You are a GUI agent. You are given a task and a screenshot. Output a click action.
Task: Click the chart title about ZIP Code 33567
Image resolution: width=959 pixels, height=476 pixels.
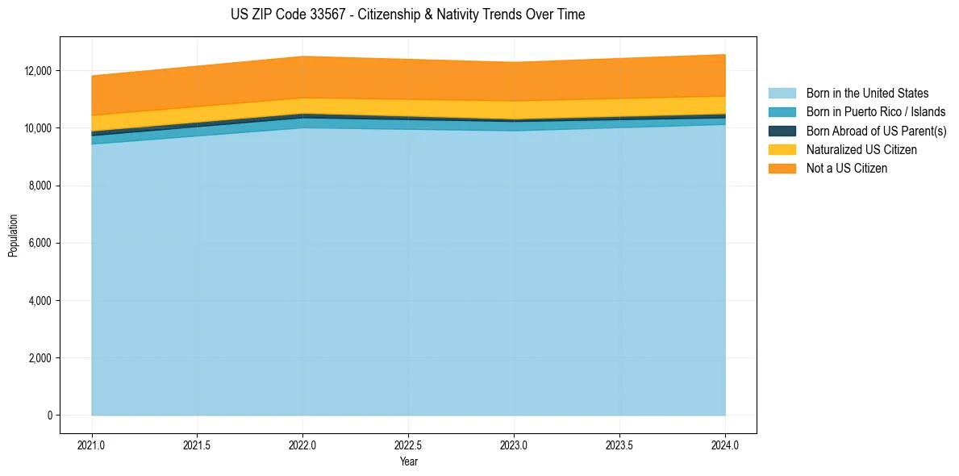point(407,15)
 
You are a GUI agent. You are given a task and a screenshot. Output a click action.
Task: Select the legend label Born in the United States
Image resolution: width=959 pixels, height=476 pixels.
point(867,94)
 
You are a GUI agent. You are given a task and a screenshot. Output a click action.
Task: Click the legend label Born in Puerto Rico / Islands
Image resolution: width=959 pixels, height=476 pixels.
point(875,112)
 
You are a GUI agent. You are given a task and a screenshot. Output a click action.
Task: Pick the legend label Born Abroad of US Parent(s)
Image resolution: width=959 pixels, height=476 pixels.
point(876,131)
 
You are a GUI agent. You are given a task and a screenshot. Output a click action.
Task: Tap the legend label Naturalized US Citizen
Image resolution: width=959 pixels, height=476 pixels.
point(861,150)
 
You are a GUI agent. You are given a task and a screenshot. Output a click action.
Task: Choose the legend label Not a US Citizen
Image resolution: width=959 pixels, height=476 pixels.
point(846,169)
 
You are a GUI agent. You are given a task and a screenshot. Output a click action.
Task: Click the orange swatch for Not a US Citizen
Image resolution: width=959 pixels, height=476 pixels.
point(782,169)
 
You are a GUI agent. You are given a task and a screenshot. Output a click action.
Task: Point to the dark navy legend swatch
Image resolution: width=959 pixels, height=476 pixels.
point(782,131)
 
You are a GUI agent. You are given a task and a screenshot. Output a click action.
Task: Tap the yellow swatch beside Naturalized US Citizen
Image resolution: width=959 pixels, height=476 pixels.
point(782,150)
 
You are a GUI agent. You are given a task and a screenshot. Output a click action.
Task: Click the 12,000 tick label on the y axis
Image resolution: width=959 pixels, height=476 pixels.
point(38,71)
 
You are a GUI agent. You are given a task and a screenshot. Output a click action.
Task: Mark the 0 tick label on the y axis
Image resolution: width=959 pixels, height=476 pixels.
point(49,415)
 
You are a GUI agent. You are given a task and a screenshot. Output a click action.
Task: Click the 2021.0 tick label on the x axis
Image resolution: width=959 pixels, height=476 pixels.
point(92,445)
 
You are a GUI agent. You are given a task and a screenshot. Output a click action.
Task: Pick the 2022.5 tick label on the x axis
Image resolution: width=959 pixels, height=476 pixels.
point(408,445)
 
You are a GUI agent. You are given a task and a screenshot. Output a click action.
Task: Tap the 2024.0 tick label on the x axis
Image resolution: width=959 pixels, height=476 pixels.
point(725,445)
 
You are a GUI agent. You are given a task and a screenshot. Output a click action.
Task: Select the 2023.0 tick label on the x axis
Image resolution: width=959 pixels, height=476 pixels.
point(514,445)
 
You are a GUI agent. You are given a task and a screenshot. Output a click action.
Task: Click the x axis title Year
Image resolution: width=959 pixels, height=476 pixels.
point(408,461)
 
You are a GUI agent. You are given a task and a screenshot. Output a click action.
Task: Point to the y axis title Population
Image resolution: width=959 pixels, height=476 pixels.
point(13,236)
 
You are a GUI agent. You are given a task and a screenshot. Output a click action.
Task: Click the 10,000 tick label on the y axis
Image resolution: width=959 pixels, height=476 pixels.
point(38,128)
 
